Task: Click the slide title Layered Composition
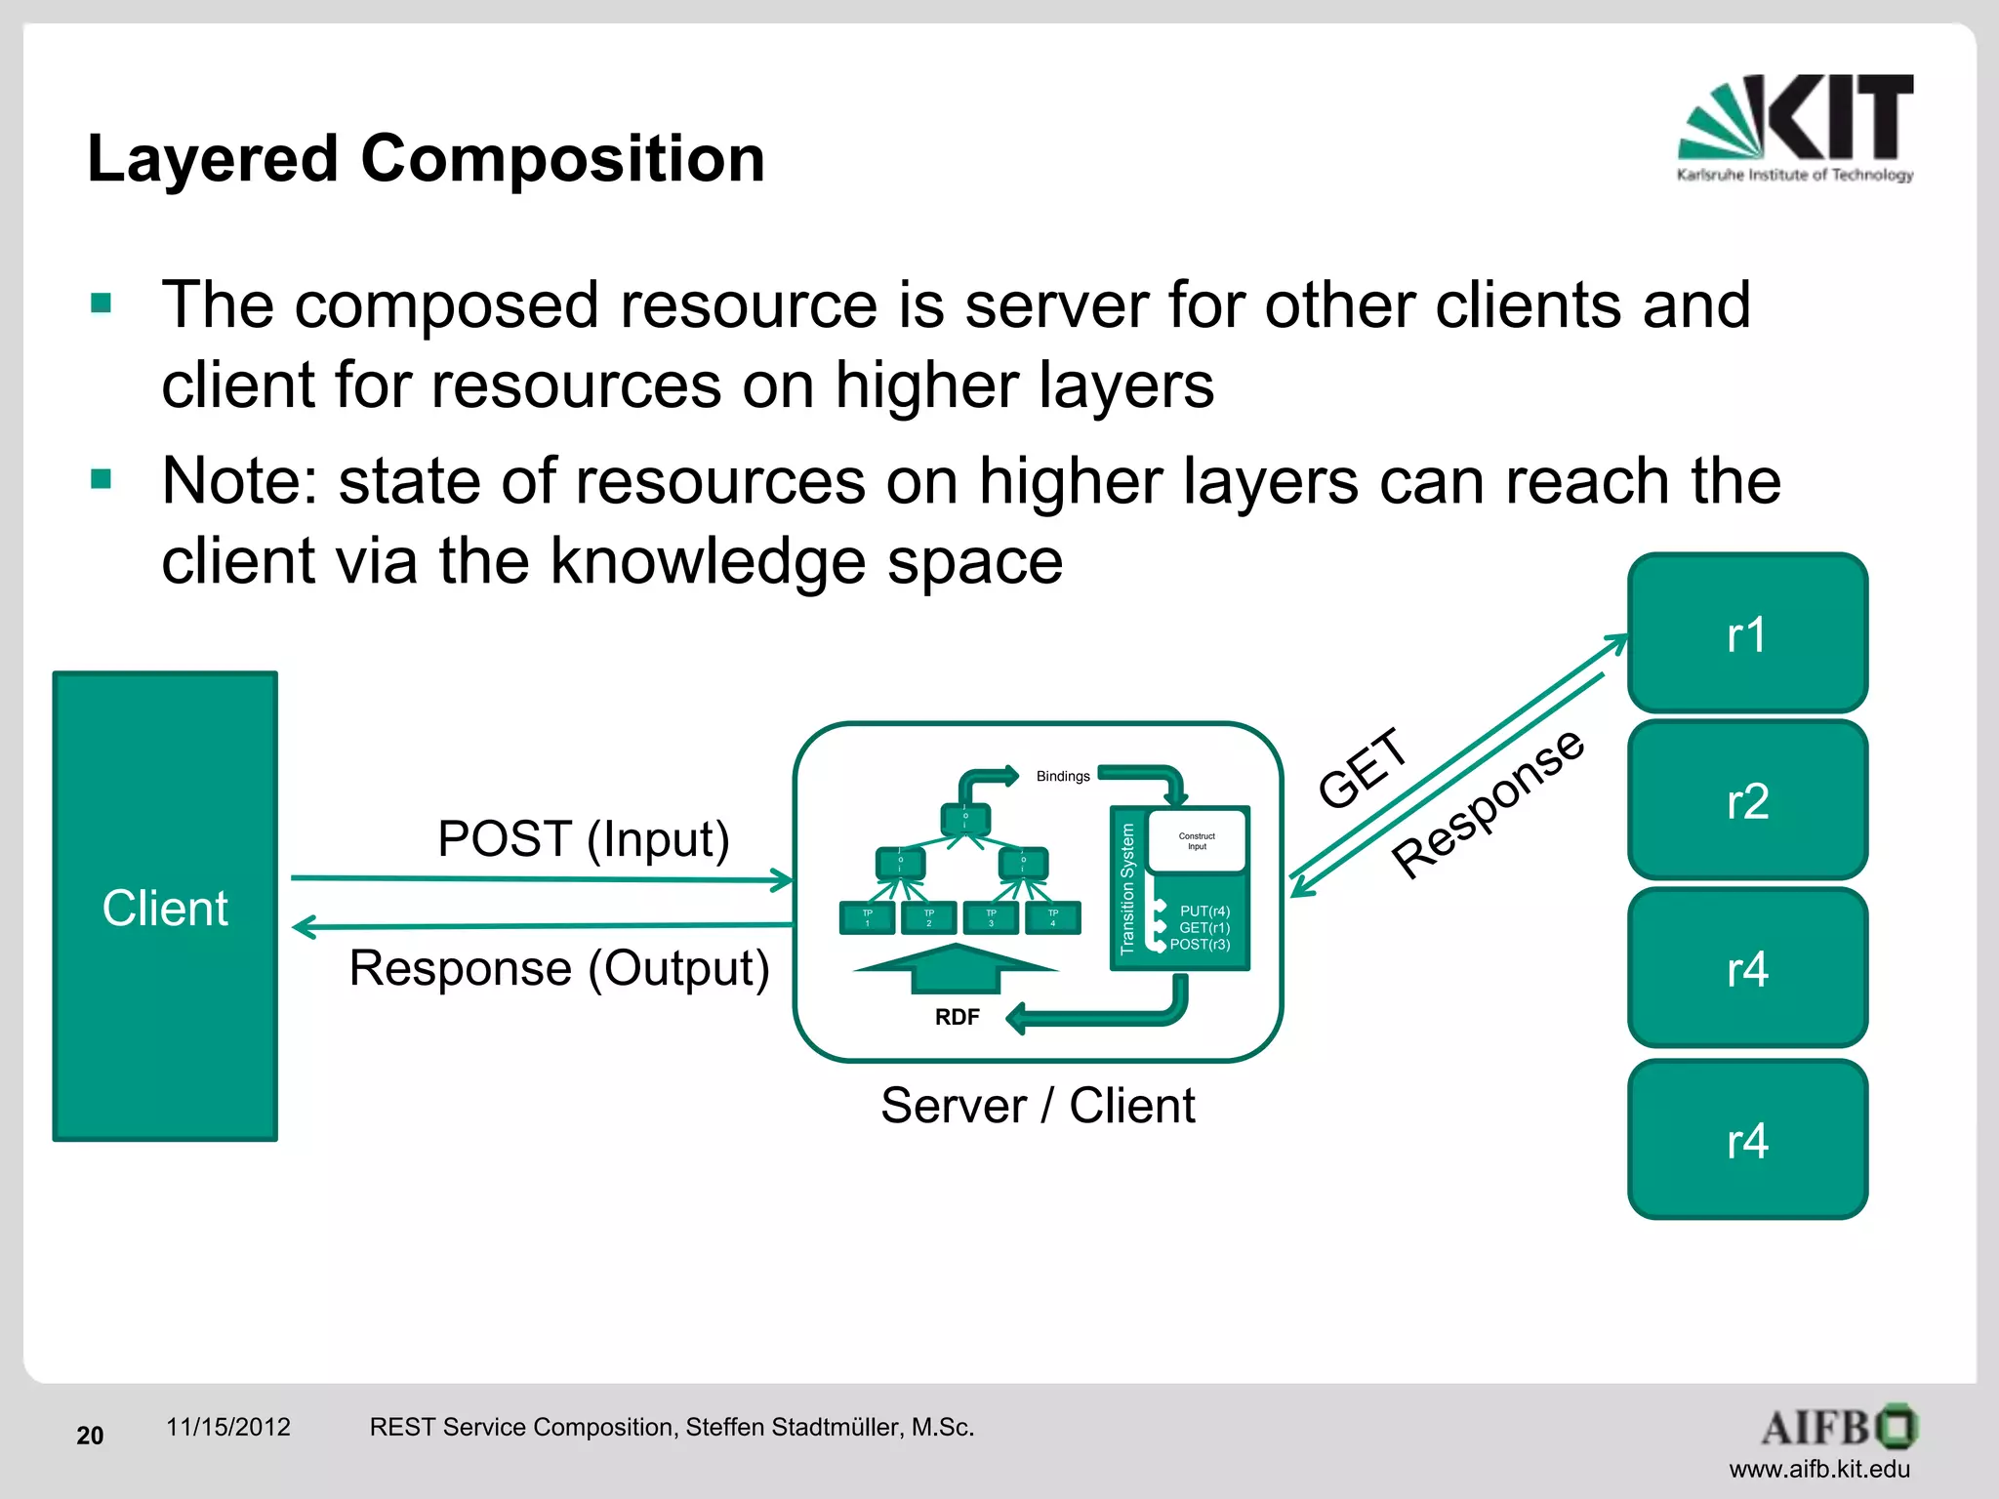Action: [426, 158]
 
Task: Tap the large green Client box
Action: [165, 906]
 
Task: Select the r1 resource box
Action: [1746, 634]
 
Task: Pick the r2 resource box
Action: [1746, 800]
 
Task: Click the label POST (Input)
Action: [583, 839]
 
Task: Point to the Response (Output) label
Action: [559, 968]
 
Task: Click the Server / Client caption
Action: [1037, 1106]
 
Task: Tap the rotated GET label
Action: [1363, 769]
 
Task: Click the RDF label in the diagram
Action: [957, 1017]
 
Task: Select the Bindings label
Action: [1062, 777]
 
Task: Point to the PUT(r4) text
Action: [1204, 911]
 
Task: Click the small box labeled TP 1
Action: [867, 918]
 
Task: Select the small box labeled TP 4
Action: [1052, 918]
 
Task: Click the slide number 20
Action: [90, 1436]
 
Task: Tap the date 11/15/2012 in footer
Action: [227, 1427]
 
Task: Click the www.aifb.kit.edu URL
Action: [1818, 1469]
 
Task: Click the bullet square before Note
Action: [101, 479]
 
